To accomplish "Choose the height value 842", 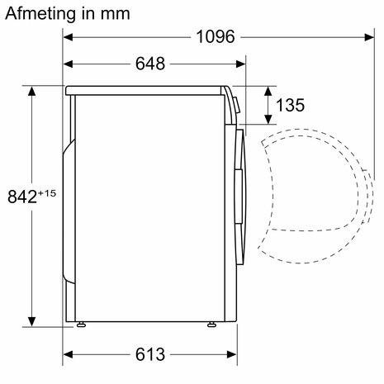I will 22,197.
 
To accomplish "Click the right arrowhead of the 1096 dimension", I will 363,37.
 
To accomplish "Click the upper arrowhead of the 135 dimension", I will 268,89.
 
